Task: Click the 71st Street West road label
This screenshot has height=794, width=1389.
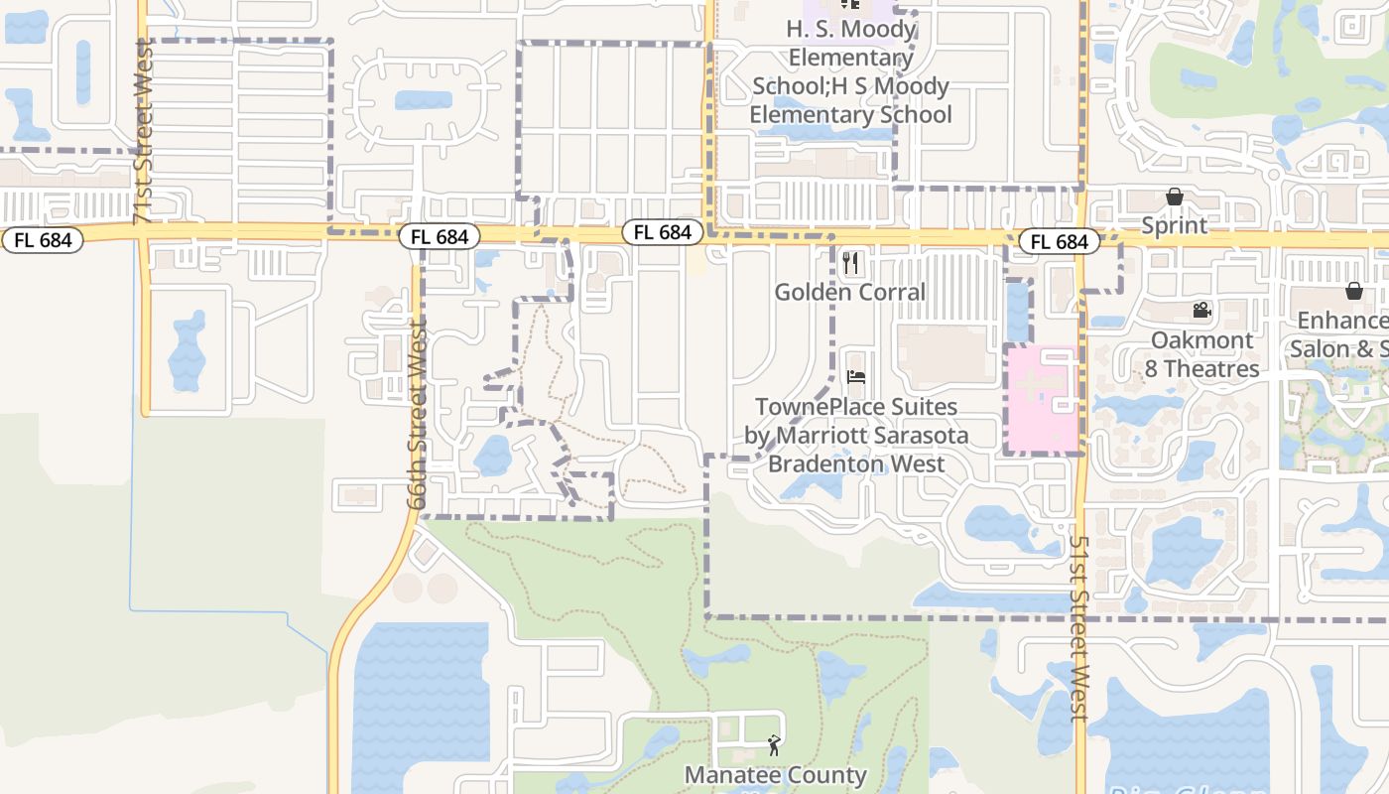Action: point(145,131)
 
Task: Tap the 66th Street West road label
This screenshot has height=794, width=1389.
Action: point(417,413)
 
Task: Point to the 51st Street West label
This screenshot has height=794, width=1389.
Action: point(1079,628)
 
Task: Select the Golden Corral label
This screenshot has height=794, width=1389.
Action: point(849,292)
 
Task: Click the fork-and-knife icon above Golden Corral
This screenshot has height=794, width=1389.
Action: point(850,263)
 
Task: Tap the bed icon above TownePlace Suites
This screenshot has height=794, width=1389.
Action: point(856,376)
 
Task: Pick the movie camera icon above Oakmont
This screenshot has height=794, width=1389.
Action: point(1202,311)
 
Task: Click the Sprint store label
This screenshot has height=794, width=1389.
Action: point(1175,225)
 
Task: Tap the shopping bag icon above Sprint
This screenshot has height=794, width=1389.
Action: point(1175,197)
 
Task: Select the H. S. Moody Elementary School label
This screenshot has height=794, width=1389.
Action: point(850,71)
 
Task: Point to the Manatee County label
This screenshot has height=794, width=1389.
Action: point(775,774)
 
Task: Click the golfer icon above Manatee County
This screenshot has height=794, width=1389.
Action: point(774,744)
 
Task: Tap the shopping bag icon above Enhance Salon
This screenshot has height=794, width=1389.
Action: point(1353,291)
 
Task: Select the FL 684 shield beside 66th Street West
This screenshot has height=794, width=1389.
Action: point(440,237)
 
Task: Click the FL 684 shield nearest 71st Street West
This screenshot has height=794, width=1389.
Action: point(42,240)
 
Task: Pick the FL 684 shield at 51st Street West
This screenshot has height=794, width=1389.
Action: point(1059,242)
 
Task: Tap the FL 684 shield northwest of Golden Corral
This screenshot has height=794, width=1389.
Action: point(662,232)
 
